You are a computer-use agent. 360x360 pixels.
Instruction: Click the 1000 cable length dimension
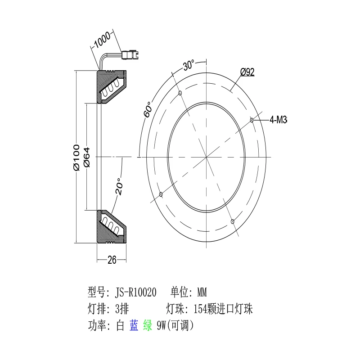(x=103, y=40)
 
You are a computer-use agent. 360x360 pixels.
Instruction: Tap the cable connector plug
(x=130, y=55)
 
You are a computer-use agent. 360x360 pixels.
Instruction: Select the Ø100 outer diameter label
(x=76, y=157)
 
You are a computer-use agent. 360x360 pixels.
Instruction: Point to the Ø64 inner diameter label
(x=87, y=157)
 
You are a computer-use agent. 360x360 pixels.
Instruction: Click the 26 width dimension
(x=112, y=260)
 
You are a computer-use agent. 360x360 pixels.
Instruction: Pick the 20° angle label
(x=119, y=186)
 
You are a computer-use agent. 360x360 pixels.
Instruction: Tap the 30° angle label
(x=189, y=65)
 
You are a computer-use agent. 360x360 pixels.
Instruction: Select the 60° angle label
(x=148, y=109)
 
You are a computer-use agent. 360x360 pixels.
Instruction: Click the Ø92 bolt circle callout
(x=247, y=72)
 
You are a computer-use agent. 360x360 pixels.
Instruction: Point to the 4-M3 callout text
(x=278, y=120)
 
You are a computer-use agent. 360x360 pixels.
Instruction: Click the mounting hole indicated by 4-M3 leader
(x=252, y=120)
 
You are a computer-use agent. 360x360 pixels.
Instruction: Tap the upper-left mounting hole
(x=180, y=93)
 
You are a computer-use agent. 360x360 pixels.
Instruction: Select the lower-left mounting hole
(x=161, y=194)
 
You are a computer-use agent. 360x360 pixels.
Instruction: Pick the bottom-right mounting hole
(x=233, y=221)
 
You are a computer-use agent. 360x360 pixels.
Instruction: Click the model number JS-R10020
(x=136, y=292)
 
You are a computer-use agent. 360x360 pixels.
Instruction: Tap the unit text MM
(x=202, y=292)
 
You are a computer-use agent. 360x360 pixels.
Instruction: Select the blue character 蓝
(x=134, y=325)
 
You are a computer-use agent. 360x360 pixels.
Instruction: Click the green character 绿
(x=148, y=325)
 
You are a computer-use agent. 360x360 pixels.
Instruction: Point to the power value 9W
(x=162, y=326)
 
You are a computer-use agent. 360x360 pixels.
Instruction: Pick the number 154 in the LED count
(x=200, y=309)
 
